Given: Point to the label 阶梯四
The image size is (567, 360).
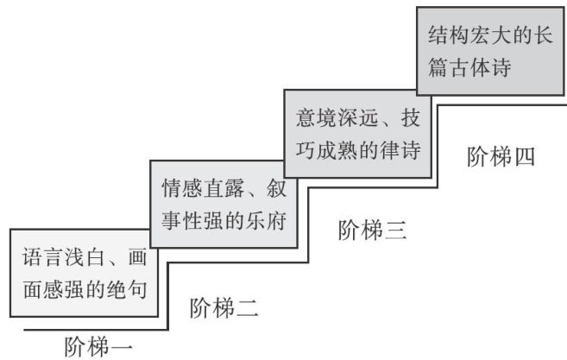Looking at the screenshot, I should click(501, 156).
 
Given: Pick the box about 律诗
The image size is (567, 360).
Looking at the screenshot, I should click(356, 136).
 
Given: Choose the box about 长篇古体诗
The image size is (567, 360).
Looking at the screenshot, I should click(488, 51).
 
